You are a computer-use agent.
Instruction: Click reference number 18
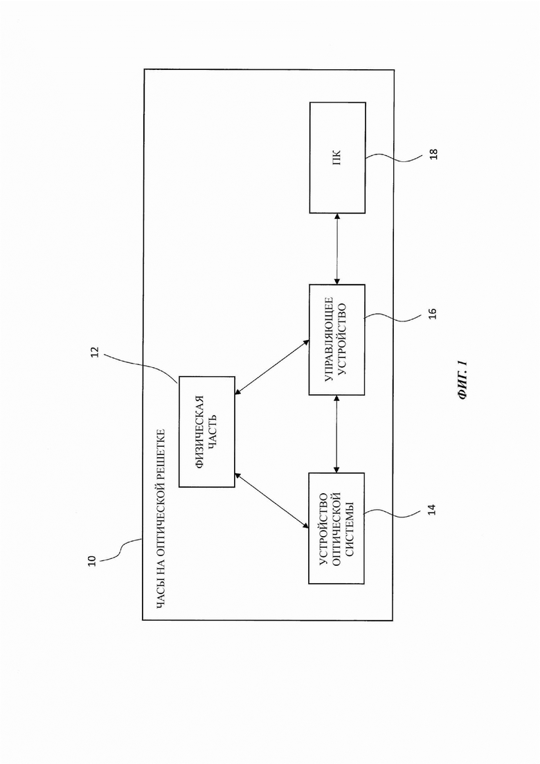coord(433,154)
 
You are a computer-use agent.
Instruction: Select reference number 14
coord(431,509)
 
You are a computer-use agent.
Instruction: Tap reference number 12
coord(96,353)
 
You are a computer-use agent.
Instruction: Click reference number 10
coord(92,561)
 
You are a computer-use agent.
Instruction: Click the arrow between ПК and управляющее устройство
coord(337,249)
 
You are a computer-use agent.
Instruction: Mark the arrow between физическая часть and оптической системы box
coord(271,500)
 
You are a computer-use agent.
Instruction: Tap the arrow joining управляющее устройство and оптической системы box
coord(336,434)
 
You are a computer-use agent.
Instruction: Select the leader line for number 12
coord(141,366)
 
